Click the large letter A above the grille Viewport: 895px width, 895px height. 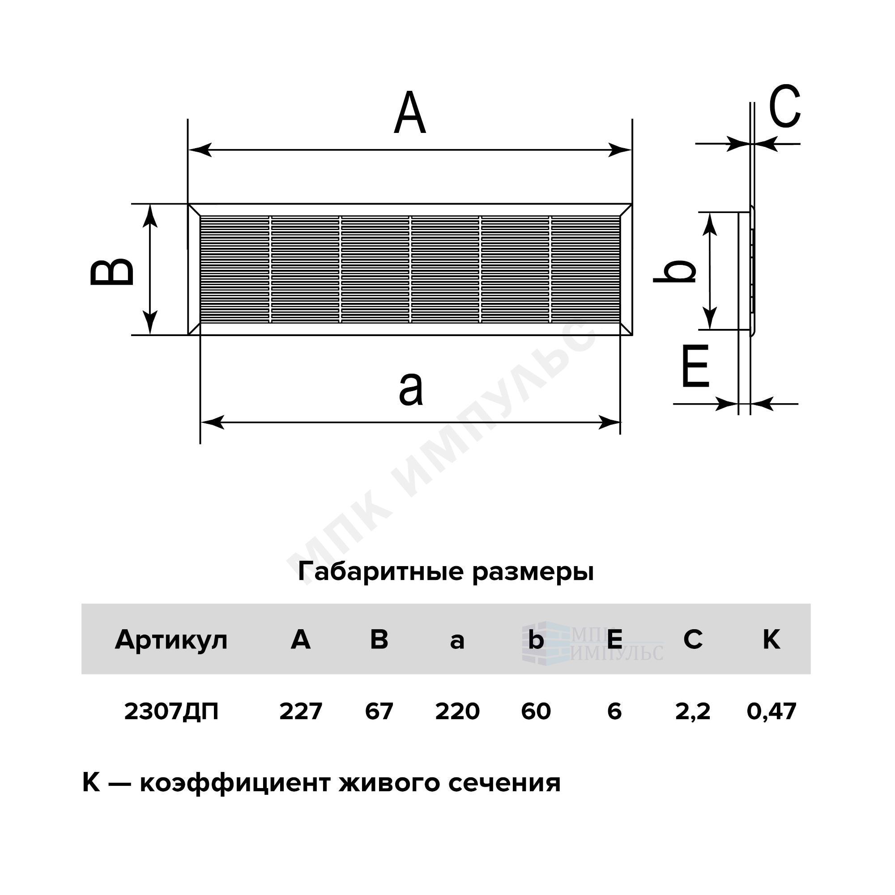tap(410, 113)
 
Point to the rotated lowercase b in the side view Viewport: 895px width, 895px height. tap(674, 271)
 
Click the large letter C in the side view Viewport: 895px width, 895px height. tap(785, 106)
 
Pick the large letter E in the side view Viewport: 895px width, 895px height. tap(695, 366)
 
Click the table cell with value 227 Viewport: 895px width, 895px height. tap(301, 711)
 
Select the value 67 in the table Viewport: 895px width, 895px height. tap(379, 711)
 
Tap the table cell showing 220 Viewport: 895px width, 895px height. tap(457, 711)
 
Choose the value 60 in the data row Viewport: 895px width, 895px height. tap(536, 711)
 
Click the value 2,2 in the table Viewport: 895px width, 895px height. tap(693, 712)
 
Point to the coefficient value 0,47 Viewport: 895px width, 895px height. tap(771, 712)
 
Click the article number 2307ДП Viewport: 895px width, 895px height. tap(171, 712)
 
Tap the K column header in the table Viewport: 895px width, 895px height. tap(771, 640)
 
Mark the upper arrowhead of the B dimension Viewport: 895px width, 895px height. tap(149, 216)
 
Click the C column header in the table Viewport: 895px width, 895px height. tap(693, 640)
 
